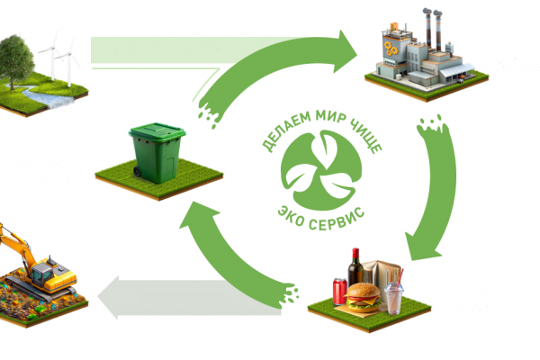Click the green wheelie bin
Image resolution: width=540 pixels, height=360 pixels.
157,153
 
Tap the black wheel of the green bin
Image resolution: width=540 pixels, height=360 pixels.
137,171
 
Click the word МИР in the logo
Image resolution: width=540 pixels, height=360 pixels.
330,116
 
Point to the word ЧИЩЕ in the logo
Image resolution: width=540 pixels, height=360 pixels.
366,135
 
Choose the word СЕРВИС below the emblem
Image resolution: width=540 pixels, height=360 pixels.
337,220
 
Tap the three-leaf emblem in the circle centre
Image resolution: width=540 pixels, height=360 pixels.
321,170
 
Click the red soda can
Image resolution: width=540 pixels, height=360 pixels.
340,292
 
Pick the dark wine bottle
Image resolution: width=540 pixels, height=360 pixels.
355,266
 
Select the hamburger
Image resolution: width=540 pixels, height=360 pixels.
364,297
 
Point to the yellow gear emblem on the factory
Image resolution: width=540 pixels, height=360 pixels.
391,49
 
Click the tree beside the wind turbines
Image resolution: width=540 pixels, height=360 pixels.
15,60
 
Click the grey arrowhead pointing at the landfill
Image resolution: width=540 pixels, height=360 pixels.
109,297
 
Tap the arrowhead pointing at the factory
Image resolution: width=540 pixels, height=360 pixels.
345,51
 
